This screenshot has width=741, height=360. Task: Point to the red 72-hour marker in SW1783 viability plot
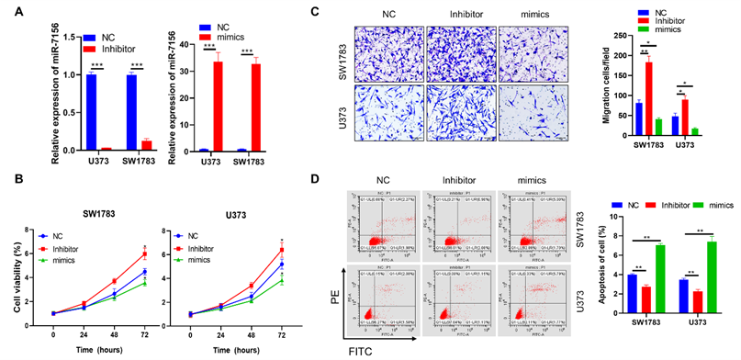pos(144,254)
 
